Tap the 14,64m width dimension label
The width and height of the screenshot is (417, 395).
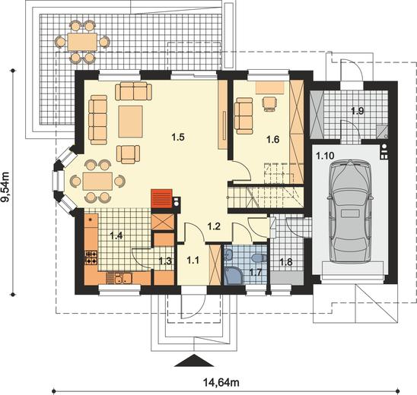(x=221, y=383)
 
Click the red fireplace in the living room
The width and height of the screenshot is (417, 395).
(x=161, y=198)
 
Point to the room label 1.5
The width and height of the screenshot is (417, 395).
(x=178, y=137)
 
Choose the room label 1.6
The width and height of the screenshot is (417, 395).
(x=273, y=139)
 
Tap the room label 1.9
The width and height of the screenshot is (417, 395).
(x=357, y=111)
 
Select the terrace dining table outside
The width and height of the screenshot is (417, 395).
(x=82, y=42)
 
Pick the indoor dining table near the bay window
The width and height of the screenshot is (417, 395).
(x=97, y=182)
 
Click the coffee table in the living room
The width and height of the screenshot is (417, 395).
(x=131, y=122)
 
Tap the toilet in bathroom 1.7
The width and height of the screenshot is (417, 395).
(x=259, y=258)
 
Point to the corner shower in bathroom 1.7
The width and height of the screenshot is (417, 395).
(x=232, y=276)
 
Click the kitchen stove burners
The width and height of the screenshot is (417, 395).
(x=91, y=258)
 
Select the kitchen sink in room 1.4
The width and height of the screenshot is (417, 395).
(x=122, y=278)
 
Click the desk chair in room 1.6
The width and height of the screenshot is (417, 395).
(x=269, y=103)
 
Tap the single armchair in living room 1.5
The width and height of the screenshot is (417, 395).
(x=128, y=154)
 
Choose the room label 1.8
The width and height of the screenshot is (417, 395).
(x=285, y=262)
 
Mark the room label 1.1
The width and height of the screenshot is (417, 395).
(x=193, y=260)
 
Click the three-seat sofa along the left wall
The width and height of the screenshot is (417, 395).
(x=98, y=120)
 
